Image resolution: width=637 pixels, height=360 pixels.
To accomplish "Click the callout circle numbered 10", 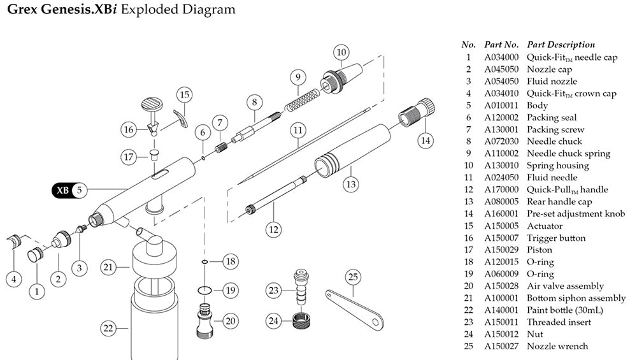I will (x=342, y=51).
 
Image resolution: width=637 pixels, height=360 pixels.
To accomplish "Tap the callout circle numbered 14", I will (x=424, y=140).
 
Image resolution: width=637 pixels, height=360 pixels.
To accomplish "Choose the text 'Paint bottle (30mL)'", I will (x=564, y=310).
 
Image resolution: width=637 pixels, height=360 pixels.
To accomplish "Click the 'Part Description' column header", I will (x=561, y=45).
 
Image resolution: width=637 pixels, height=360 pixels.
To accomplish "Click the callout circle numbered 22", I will (x=109, y=329).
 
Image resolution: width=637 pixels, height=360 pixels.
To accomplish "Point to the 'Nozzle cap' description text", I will (x=549, y=69).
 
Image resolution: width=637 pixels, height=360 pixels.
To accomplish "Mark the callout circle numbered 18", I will (x=231, y=262).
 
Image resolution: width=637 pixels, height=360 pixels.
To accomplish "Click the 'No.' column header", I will (x=468, y=45).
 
